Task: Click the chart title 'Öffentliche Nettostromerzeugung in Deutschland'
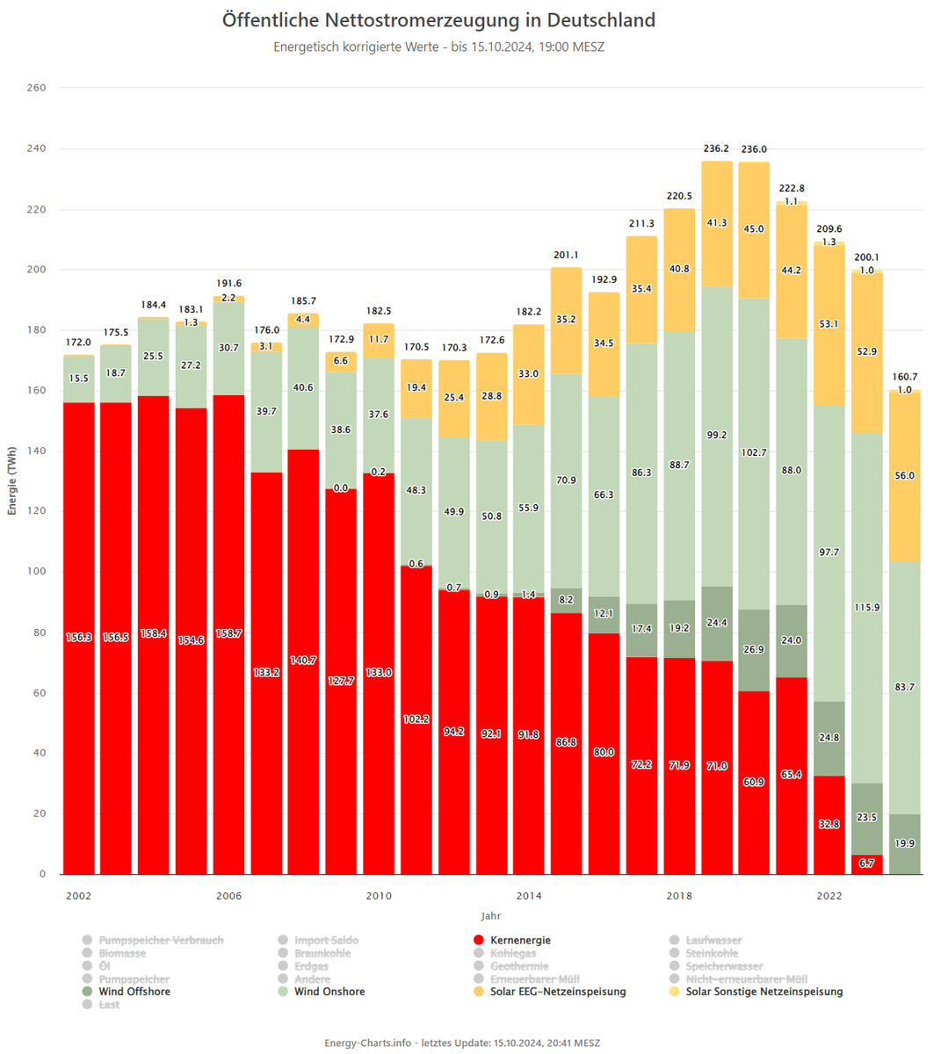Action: point(438,20)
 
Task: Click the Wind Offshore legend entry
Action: point(134,992)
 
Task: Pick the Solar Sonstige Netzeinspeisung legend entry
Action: point(763,992)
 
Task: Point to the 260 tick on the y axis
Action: point(36,88)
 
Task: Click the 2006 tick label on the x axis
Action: point(228,896)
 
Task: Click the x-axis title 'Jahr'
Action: point(491,916)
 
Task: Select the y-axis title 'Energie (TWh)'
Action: point(12,480)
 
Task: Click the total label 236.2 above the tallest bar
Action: point(716,149)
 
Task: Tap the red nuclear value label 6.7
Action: point(866,863)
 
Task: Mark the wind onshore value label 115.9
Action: point(866,608)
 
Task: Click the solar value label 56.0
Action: point(904,475)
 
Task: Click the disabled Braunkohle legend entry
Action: point(322,954)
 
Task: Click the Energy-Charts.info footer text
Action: point(462,1043)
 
